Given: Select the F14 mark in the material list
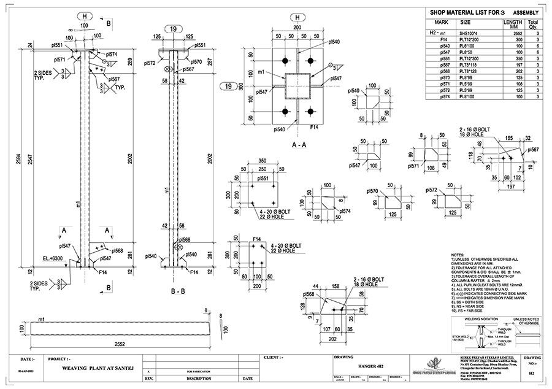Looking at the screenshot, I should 442,39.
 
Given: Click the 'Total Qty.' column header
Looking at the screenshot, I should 533,24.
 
